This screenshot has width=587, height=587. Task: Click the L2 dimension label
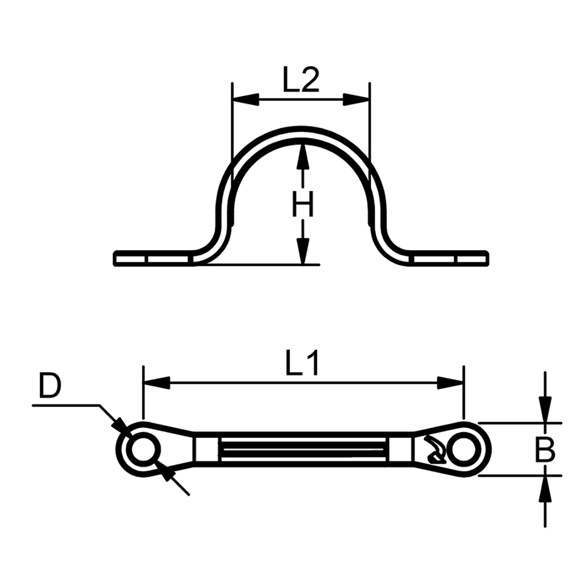coord(301,80)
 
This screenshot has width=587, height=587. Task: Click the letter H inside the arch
coord(303,205)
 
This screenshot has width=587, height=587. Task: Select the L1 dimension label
coord(303,365)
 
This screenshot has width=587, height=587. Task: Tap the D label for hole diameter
coord(50,387)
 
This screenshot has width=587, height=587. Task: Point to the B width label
coord(545,450)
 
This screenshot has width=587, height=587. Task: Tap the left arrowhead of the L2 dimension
coord(245,100)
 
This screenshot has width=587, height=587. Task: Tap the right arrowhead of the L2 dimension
coord(357,100)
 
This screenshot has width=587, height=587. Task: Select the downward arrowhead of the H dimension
coord(303,251)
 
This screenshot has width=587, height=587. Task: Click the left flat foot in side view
coord(153,258)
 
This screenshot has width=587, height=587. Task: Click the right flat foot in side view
coord(449,258)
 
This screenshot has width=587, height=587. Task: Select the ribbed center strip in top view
coord(303,450)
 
